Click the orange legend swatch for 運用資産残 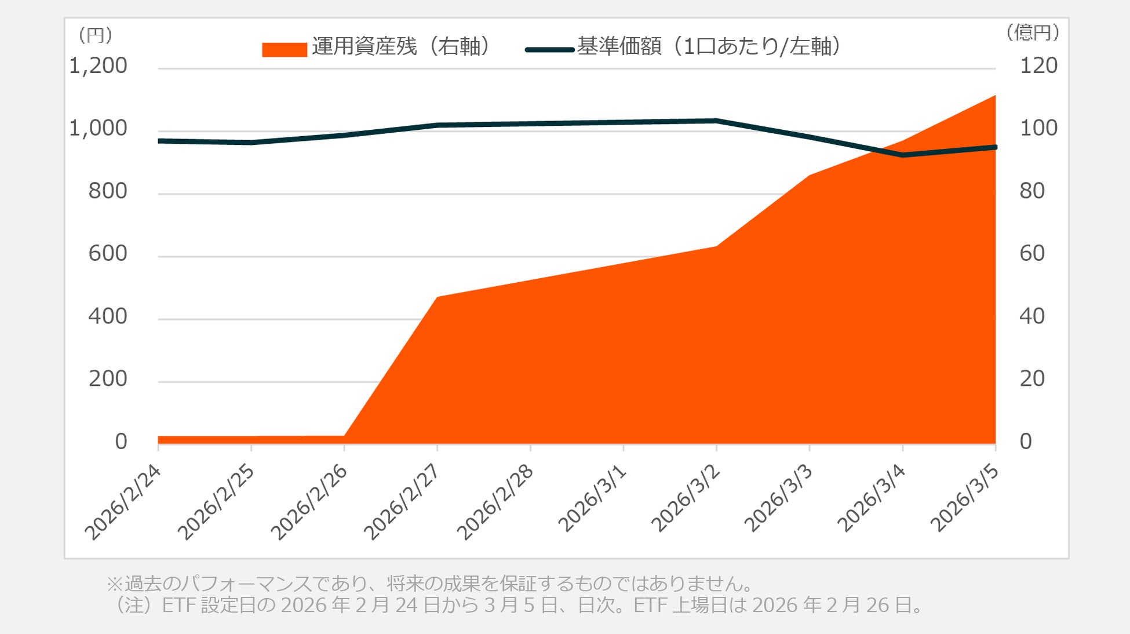284,50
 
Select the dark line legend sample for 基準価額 549,50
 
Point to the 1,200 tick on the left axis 98,66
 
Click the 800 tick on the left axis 107,191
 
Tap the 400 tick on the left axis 107,316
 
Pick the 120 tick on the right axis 1038,66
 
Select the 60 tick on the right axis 1032,254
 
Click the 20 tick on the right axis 1032,379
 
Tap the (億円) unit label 1033,32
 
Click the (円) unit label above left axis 95,35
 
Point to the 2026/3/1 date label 593,498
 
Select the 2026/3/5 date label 965,498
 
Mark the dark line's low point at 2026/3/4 902,155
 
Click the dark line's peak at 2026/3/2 716,121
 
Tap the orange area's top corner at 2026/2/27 438,297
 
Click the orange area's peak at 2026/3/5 994,96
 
